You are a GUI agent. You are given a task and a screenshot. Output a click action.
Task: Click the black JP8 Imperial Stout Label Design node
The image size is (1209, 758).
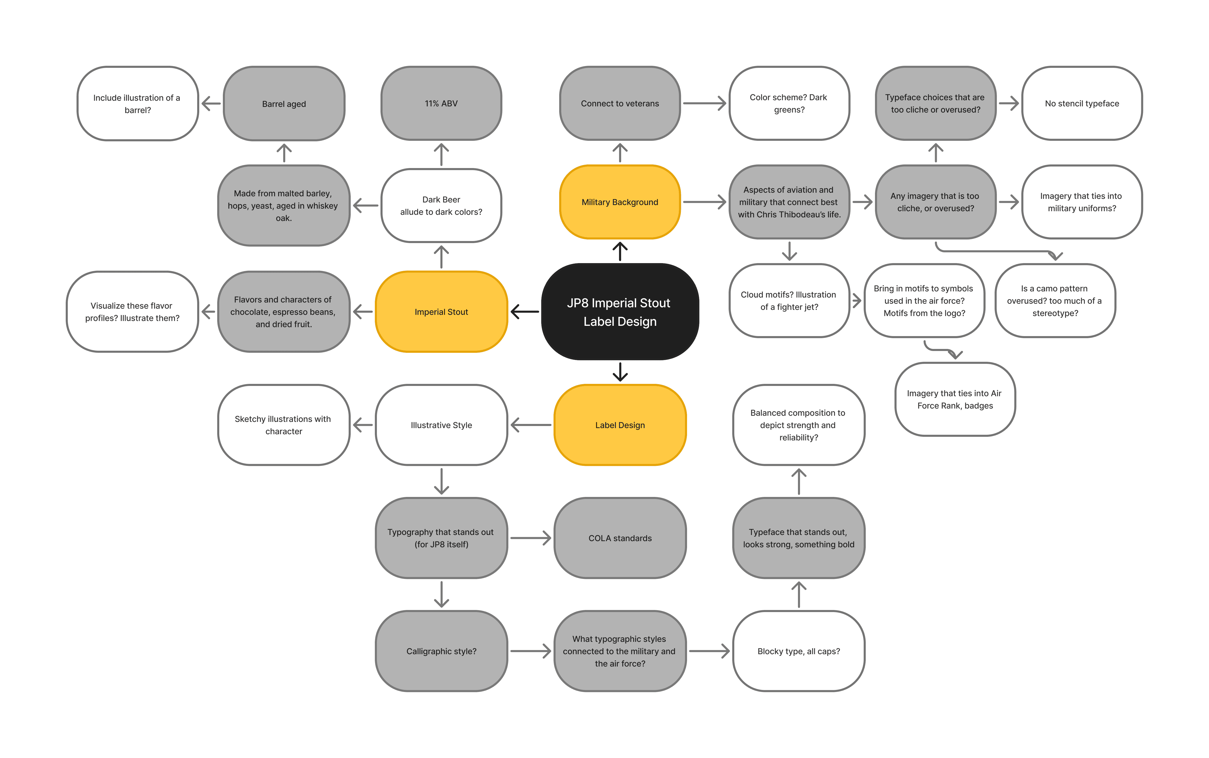point(620,312)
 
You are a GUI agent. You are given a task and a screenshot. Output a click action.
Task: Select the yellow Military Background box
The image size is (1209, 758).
point(620,202)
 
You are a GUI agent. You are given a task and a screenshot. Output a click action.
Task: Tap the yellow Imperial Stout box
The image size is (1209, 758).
point(441,312)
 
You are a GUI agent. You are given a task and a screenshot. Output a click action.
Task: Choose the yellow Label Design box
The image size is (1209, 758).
point(620,425)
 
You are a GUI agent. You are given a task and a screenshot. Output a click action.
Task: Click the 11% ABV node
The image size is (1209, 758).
point(441,103)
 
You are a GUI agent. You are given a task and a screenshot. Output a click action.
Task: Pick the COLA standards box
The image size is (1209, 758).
point(620,538)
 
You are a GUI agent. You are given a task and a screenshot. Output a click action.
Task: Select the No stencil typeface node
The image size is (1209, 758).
point(1082,103)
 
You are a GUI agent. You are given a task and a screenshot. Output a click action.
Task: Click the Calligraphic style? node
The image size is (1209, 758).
point(441,651)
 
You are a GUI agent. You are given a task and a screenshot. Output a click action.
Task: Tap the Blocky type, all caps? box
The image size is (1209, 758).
point(798,651)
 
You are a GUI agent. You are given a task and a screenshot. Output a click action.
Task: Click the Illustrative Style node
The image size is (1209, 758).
point(441,425)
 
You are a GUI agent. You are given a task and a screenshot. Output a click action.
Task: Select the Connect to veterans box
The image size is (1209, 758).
point(620,103)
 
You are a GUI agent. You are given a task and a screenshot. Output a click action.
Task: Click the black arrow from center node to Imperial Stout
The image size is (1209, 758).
point(524,312)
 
